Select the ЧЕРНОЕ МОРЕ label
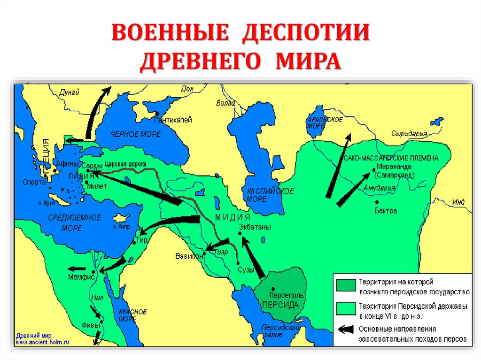coord(136,134)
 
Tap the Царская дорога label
coord(125,163)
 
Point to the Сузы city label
coord(246,270)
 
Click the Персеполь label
coord(287,296)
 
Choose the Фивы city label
coord(90,324)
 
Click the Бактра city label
coord(386,211)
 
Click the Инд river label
coord(458,202)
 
